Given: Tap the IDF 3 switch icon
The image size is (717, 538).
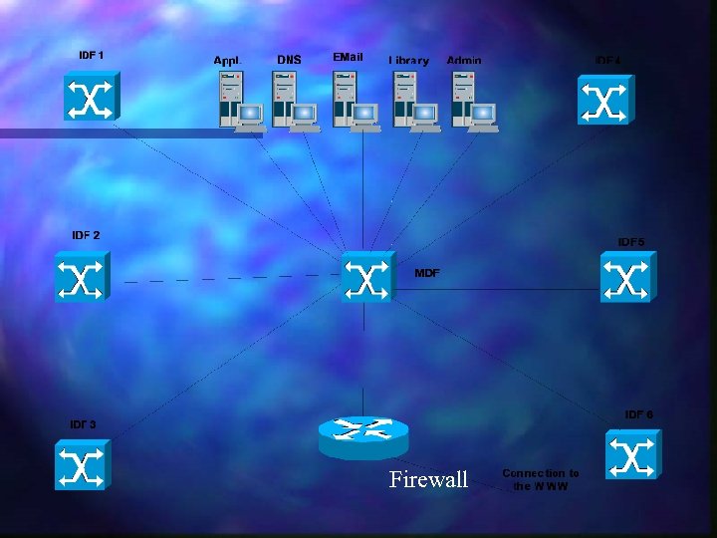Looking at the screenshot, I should click(x=81, y=465).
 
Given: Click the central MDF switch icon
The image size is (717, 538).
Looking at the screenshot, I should click(x=366, y=276).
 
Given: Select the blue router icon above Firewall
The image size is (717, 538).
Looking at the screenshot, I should click(x=362, y=435).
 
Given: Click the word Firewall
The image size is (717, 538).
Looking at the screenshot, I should click(x=428, y=480).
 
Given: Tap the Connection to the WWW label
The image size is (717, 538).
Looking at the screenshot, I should click(x=541, y=479).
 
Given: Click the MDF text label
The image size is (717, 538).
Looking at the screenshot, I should click(x=426, y=272).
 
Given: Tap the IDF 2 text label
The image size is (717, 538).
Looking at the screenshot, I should click(x=86, y=235).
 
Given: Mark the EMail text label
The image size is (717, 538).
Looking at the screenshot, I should click(x=349, y=58).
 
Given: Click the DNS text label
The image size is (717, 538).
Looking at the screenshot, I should click(x=289, y=60).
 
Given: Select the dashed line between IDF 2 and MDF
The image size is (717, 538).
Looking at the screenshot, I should click(x=229, y=278).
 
